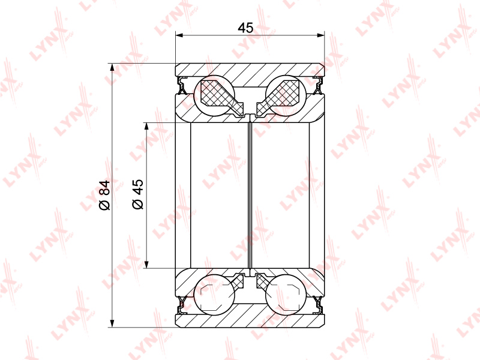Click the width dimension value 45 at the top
245,28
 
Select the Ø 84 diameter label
104,195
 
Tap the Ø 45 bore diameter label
138,194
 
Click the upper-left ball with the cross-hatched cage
215,95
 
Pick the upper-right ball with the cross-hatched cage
286,95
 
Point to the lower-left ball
215,295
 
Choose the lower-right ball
286,295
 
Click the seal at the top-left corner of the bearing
183,85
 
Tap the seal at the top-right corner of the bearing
318,85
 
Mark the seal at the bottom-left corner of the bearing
183,305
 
